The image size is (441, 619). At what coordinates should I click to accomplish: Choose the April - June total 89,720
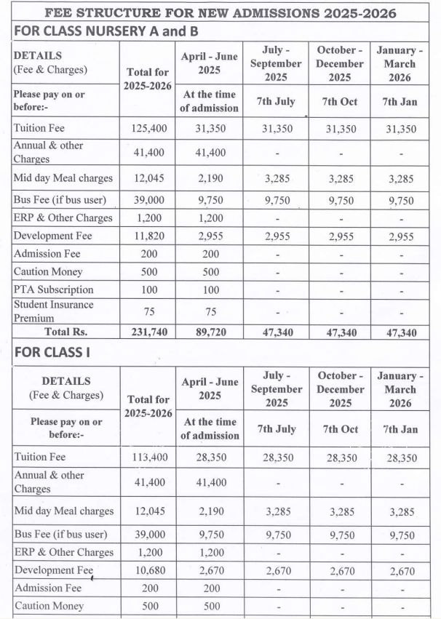click(210, 332)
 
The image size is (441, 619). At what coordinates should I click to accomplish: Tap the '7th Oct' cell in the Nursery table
click(340, 102)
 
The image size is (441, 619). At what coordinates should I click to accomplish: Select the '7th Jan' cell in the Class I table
click(400, 429)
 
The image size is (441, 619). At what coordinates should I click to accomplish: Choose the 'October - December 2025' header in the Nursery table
click(340, 63)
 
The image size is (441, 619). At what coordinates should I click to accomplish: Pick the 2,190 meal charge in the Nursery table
click(210, 178)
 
